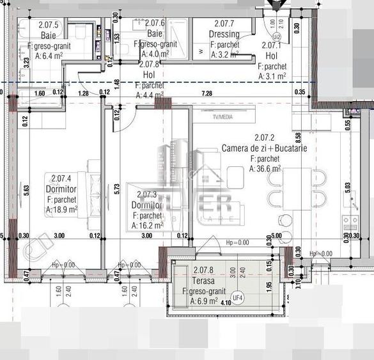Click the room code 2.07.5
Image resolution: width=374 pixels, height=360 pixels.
point(49,26)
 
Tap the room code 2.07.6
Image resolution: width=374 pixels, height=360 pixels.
point(155,23)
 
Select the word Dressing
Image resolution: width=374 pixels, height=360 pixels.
point(224,35)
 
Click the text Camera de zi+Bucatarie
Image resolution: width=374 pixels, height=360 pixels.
point(264,148)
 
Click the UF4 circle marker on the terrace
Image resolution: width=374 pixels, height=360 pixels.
point(237,297)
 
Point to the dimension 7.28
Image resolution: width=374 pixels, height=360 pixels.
point(206,94)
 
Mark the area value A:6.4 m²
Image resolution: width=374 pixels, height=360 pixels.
point(48,56)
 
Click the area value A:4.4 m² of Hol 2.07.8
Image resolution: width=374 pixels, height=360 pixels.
point(150,95)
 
